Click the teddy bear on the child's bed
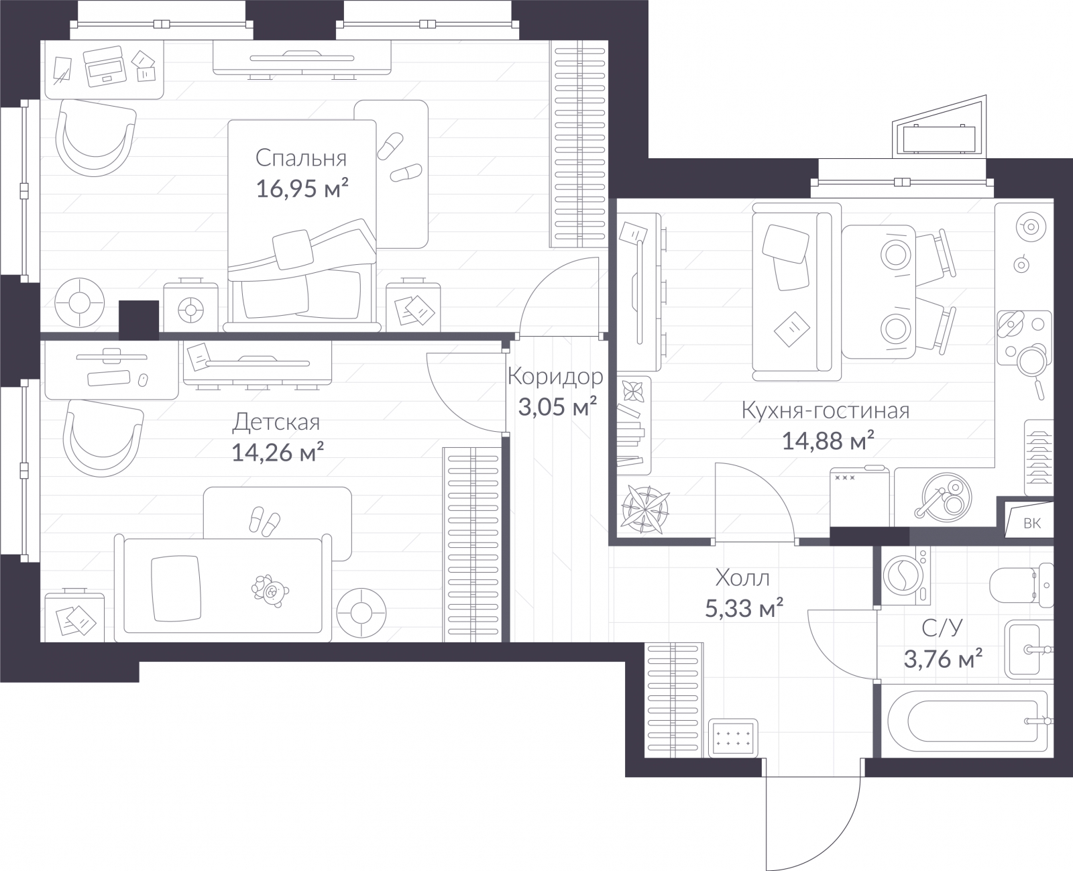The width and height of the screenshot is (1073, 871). pos(270,591)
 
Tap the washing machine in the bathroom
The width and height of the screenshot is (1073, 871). pos(905,575)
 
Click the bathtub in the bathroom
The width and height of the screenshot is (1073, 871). pos(967,721)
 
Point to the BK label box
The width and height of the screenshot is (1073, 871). pos(1029,524)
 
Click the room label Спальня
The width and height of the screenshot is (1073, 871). pos(300,158)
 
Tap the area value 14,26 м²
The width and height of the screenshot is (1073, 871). pos(277,452)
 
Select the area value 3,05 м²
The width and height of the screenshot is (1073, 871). pos(557,406)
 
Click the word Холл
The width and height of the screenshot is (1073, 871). pos(742,578)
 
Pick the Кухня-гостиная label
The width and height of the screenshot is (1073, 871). pos(826,410)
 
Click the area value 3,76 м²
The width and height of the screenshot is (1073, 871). pos(943,658)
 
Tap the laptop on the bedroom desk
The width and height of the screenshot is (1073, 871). pos(105,66)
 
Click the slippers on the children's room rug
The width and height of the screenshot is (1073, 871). pos(264,521)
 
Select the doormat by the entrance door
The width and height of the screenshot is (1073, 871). pos(733,738)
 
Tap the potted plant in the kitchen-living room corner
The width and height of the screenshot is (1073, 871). pos(645,509)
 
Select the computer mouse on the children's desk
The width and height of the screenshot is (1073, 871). pos(143,380)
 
